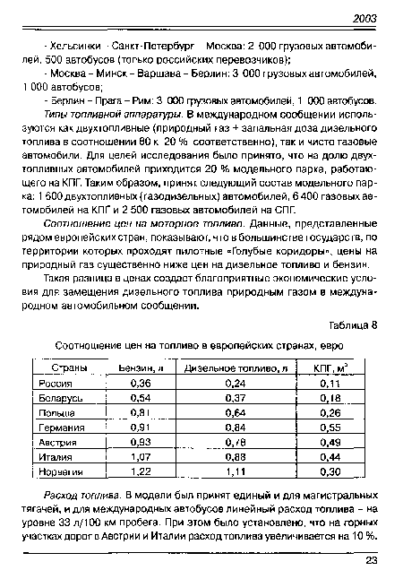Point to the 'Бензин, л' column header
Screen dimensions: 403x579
pyautogui.click(x=141, y=367)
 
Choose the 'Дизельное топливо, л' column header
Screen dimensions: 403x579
pyautogui.click(x=237, y=367)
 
